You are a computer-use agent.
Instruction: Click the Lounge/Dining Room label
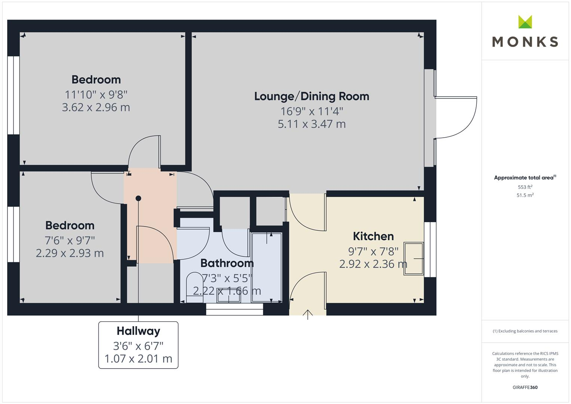311,97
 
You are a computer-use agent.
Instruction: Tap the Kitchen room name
373,236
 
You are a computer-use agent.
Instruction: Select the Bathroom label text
227,263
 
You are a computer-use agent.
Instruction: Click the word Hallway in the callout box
138,331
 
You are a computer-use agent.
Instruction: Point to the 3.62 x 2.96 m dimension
96,108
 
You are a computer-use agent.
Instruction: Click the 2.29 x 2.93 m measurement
70,253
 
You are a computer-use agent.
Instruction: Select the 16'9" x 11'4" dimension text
311,111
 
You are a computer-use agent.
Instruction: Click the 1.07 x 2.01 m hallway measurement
138,359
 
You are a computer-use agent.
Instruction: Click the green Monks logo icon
525,22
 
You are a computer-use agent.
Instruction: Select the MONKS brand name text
525,42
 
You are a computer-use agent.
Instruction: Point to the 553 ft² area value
525,187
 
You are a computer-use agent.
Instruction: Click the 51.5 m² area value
525,195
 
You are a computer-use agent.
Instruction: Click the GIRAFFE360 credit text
525,388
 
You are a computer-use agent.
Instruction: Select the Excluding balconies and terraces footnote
525,331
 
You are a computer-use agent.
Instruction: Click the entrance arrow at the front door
307,315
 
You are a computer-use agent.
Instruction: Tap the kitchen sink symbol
413,259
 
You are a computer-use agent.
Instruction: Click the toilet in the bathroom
194,285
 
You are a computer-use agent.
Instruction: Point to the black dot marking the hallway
138,198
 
